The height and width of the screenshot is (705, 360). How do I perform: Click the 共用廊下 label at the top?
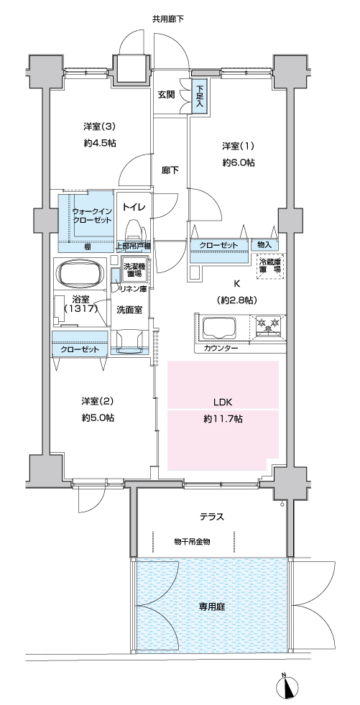coord(167,19)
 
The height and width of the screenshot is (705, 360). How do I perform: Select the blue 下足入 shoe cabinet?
coord(199,94)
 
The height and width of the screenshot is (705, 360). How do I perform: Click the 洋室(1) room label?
coord(238,146)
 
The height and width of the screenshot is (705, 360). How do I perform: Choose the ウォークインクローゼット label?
coord(92,216)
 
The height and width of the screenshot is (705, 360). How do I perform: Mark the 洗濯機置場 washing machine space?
coord(132,269)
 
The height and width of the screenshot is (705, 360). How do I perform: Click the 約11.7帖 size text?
coord(223,419)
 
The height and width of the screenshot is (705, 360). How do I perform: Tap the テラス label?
coord(212,517)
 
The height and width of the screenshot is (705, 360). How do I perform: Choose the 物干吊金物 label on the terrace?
coord(192,542)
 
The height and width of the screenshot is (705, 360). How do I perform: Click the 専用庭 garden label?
coord(212,606)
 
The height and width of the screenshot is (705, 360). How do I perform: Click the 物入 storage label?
coord(264,245)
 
